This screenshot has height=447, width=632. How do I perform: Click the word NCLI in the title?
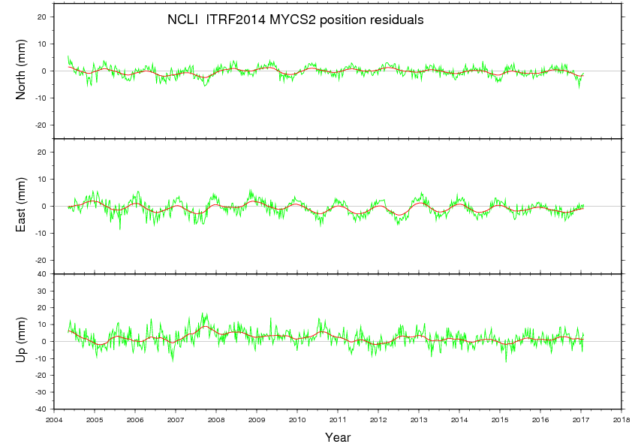tap(180, 20)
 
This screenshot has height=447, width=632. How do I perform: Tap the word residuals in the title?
tap(396, 20)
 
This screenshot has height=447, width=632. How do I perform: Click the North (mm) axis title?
tap(22, 71)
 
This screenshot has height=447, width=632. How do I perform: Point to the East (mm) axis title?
tap(22, 206)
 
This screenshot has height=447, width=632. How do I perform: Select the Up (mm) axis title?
tap(22, 341)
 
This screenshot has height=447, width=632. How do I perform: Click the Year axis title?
tap(338, 436)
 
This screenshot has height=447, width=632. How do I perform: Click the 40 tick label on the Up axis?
tap(43, 273)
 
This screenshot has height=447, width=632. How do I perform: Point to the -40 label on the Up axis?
tap(41, 409)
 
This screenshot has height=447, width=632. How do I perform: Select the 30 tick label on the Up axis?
tap(43, 291)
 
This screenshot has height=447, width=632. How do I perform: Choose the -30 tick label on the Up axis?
tap(41, 392)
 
